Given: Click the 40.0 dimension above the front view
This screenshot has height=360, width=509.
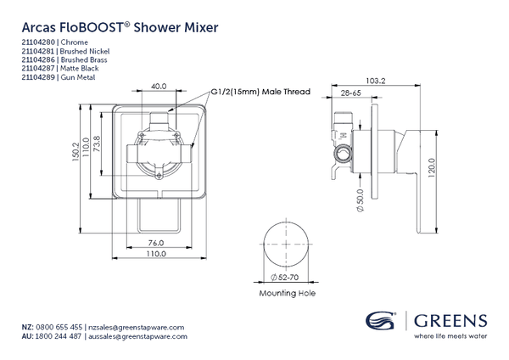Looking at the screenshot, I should [x=159, y=85].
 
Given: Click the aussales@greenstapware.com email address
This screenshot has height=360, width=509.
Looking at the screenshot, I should [x=138, y=337].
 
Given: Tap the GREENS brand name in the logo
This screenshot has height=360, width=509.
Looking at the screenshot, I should [x=450, y=321].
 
